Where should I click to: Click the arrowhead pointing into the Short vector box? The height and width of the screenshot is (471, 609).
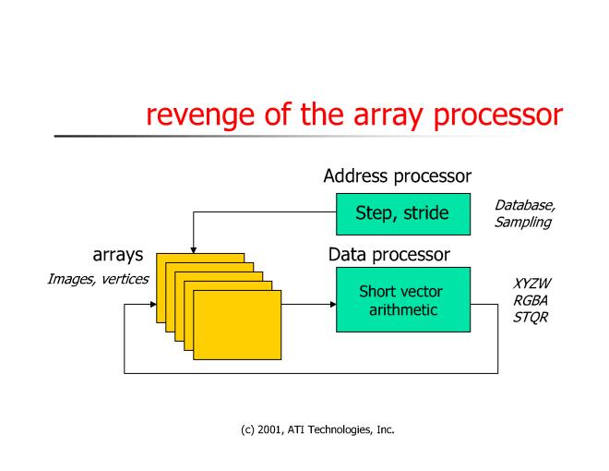332,304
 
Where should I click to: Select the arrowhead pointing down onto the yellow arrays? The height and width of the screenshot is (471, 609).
193,248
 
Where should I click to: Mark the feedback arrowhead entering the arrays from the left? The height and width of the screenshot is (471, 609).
151,304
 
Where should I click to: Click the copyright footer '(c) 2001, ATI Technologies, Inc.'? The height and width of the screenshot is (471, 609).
304,427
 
